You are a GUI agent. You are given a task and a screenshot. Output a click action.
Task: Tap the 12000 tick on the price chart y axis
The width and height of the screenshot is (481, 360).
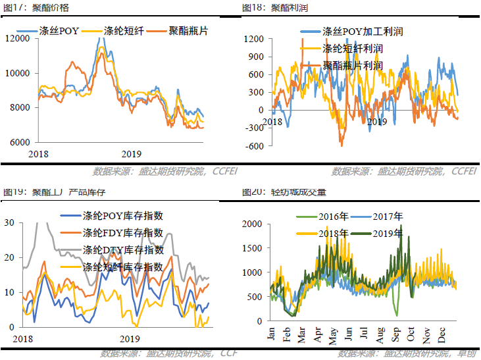(18, 38)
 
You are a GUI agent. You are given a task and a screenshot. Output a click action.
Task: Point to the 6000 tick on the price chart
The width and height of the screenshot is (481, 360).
(20, 142)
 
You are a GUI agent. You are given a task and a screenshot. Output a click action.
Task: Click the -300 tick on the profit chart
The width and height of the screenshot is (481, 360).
(254, 128)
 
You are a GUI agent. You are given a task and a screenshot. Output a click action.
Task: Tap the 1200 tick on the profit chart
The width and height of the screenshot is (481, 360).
(253, 39)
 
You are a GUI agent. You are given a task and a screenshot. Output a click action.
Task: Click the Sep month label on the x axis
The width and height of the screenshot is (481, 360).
(395, 334)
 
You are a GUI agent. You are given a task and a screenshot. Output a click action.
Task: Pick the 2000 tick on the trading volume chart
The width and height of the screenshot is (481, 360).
(254, 224)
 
